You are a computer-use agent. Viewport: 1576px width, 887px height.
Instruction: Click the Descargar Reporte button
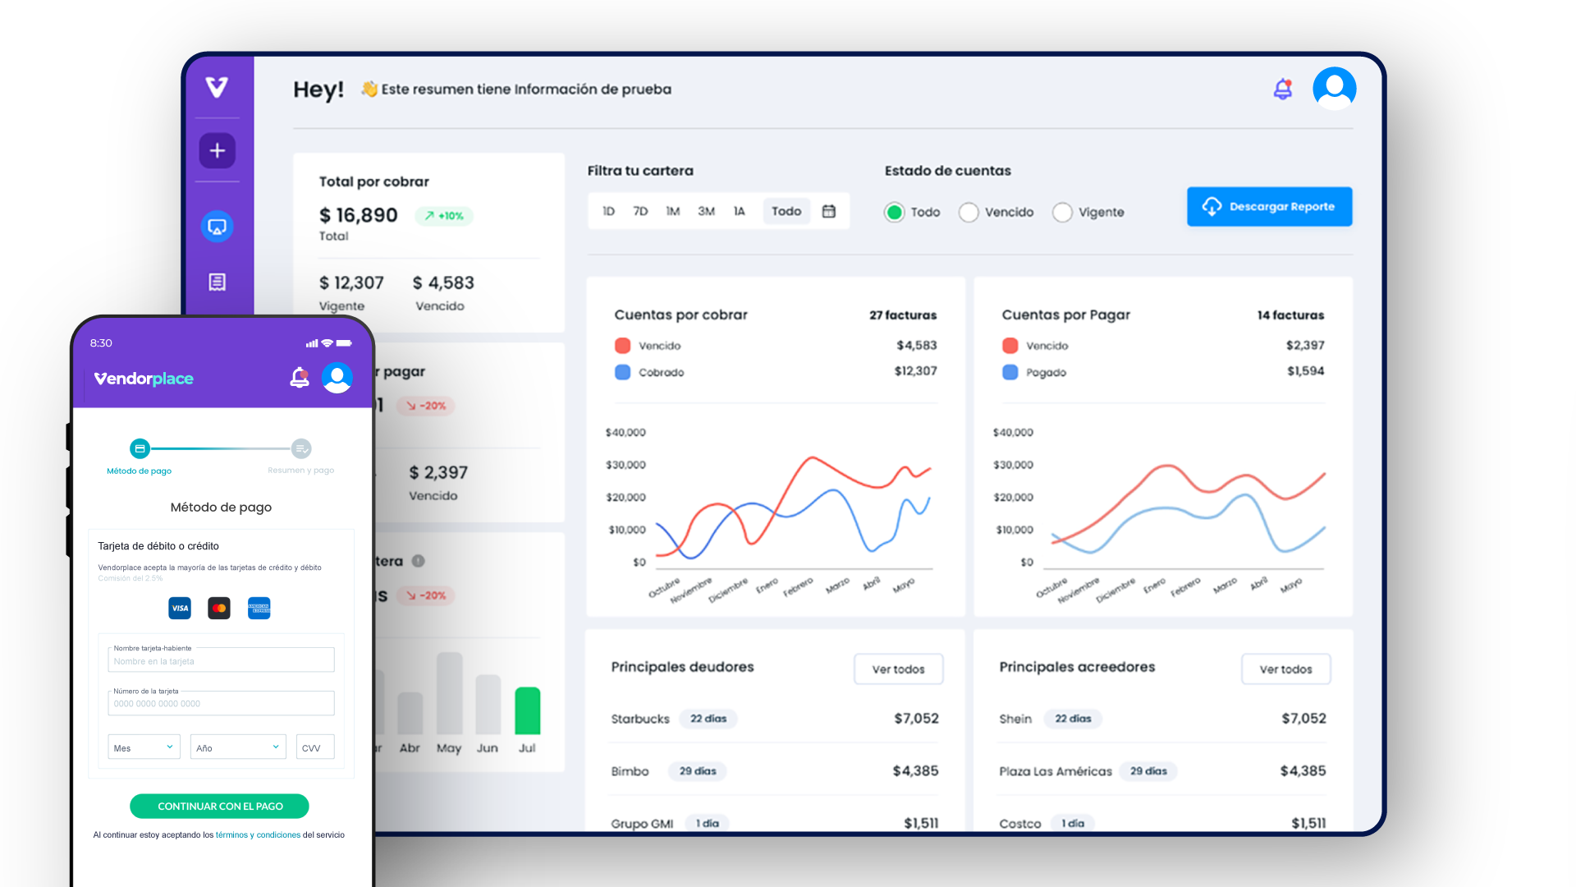[1269, 207]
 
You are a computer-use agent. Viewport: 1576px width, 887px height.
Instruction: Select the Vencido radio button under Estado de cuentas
[969, 213]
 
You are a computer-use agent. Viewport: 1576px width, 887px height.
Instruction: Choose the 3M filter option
[706, 212]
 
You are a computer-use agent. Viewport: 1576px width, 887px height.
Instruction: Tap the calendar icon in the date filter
[829, 212]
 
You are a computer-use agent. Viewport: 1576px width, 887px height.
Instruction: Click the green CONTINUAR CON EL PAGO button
[219, 807]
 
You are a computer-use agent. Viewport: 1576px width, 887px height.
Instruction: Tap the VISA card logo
[180, 609]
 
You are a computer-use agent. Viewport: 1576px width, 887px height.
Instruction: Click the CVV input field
[315, 747]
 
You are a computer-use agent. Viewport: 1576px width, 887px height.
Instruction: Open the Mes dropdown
[144, 747]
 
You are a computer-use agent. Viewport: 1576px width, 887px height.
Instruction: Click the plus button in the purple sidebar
[218, 151]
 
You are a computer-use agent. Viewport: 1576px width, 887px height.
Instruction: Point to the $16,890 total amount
[358, 215]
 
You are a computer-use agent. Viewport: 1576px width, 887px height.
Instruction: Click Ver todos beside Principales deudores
[898, 669]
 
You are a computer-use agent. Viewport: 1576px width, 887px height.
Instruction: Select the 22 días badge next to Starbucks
[708, 719]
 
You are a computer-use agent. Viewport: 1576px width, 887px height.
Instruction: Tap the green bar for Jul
[527, 710]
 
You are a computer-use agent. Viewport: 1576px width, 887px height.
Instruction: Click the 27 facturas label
[903, 315]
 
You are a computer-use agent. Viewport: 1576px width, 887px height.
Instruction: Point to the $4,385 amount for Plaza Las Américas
[1303, 771]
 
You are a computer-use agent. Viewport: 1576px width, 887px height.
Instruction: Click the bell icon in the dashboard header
[1282, 89]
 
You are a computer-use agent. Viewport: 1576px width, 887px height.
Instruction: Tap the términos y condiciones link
[258, 835]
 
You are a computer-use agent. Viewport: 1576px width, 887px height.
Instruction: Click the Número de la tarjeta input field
[221, 704]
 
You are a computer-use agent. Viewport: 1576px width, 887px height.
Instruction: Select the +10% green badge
[444, 216]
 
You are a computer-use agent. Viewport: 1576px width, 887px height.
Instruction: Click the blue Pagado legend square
[1010, 372]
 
